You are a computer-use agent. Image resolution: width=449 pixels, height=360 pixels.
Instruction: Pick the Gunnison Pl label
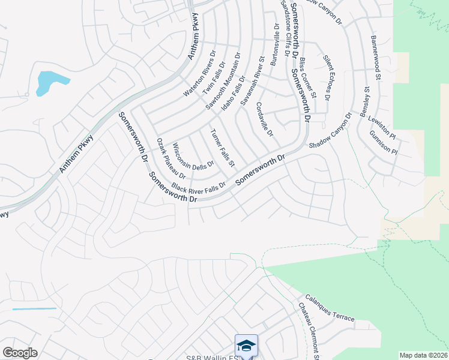(383, 142)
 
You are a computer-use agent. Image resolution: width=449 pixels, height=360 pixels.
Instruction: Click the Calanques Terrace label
(330, 307)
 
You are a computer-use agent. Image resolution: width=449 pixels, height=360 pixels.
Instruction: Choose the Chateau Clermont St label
(309, 331)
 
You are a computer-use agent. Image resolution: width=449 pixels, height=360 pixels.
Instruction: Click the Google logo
(20, 353)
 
